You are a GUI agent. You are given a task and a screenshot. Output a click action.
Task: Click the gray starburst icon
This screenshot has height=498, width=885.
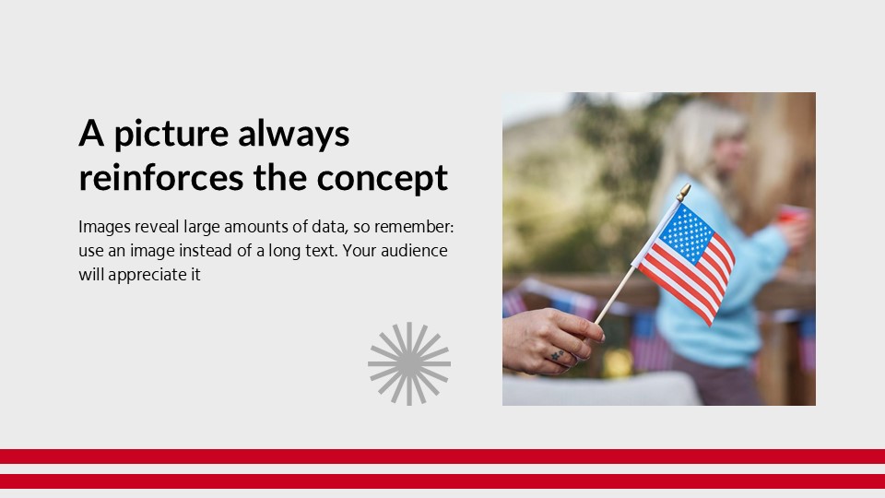coord(409,363)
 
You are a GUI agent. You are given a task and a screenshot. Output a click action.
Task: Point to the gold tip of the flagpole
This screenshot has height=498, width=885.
coord(683,191)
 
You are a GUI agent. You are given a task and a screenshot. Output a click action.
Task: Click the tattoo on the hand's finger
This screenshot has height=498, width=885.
coord(557,354)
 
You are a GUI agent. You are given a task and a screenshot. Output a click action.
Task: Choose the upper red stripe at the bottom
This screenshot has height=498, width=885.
coord(442,456)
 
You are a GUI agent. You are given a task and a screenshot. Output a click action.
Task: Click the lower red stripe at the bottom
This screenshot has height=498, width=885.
coord(442,480)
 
